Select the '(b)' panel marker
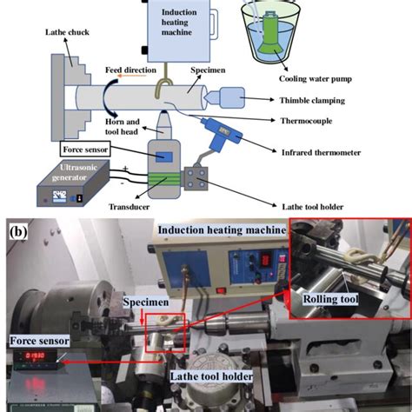click(x=17, y=233)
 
